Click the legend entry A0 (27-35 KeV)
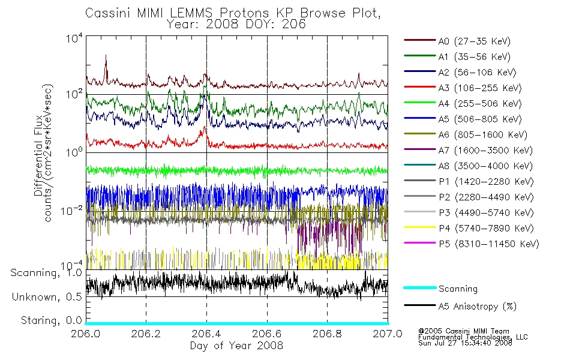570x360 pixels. click(457, 41)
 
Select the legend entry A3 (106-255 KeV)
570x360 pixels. click(463, 88)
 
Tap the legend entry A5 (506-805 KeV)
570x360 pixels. click(463, 119)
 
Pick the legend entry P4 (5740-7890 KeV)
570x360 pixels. click(469, 228)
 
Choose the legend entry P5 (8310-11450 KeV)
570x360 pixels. click(471, 244)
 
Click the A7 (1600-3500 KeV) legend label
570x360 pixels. click(485, 150)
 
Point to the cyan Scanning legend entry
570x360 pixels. click(440, 289)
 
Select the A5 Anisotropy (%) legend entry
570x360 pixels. click(460, 306)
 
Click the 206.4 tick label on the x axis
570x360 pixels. click(206, 334)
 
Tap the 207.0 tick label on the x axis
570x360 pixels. click(388, 334)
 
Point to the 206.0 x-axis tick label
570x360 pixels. click(85, 334)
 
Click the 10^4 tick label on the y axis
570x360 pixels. click(74, 38)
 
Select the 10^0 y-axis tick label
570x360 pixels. click(74, 151)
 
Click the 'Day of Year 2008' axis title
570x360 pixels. click(236, 346)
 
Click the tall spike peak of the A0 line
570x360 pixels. click(106, 55)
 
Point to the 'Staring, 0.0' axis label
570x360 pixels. click(51, 320)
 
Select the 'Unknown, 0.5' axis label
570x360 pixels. click(47, 297)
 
